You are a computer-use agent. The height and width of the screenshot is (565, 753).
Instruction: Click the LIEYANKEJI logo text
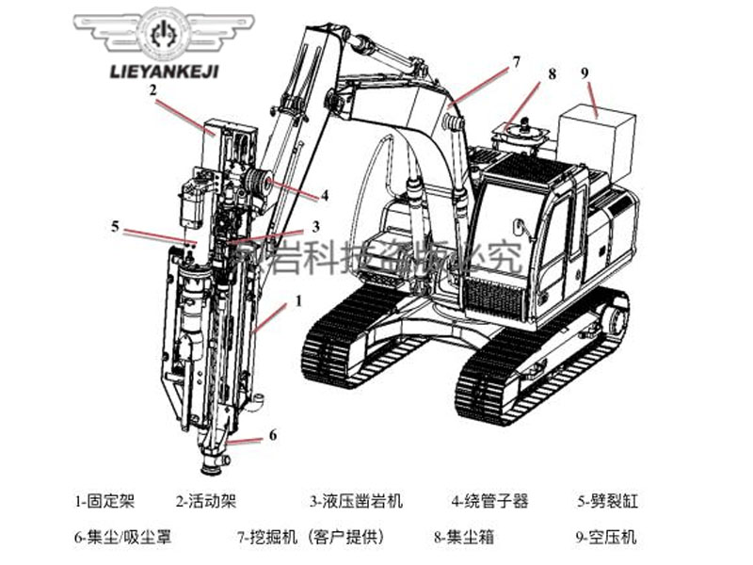[165, 72]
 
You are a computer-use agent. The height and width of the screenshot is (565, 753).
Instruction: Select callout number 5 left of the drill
[115, 226]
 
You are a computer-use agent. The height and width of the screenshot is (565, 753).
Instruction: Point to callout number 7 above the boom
[515, 62]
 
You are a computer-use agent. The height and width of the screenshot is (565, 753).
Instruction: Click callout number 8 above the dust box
[552, 73]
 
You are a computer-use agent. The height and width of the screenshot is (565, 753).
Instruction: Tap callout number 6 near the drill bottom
[273, 435]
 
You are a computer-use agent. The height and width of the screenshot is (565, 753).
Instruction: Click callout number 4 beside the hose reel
[324, 196]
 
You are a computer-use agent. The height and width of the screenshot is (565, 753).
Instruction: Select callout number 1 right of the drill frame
[298, 301]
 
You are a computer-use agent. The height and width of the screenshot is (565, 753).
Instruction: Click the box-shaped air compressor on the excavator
[595, 143]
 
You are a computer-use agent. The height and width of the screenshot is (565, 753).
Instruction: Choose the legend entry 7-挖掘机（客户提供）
[311, 538]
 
